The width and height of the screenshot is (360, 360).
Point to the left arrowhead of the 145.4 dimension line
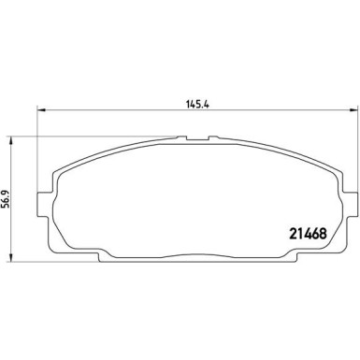point(40,113)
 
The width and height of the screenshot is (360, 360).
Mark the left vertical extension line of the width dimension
point(36,140)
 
